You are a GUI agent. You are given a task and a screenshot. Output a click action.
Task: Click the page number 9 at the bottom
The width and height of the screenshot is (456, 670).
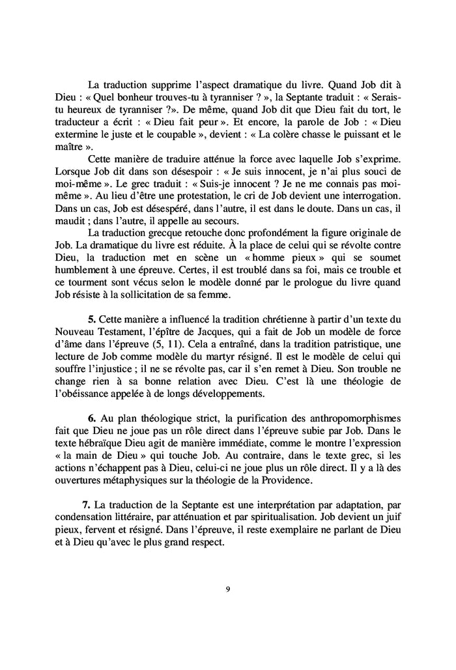[227, 590]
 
